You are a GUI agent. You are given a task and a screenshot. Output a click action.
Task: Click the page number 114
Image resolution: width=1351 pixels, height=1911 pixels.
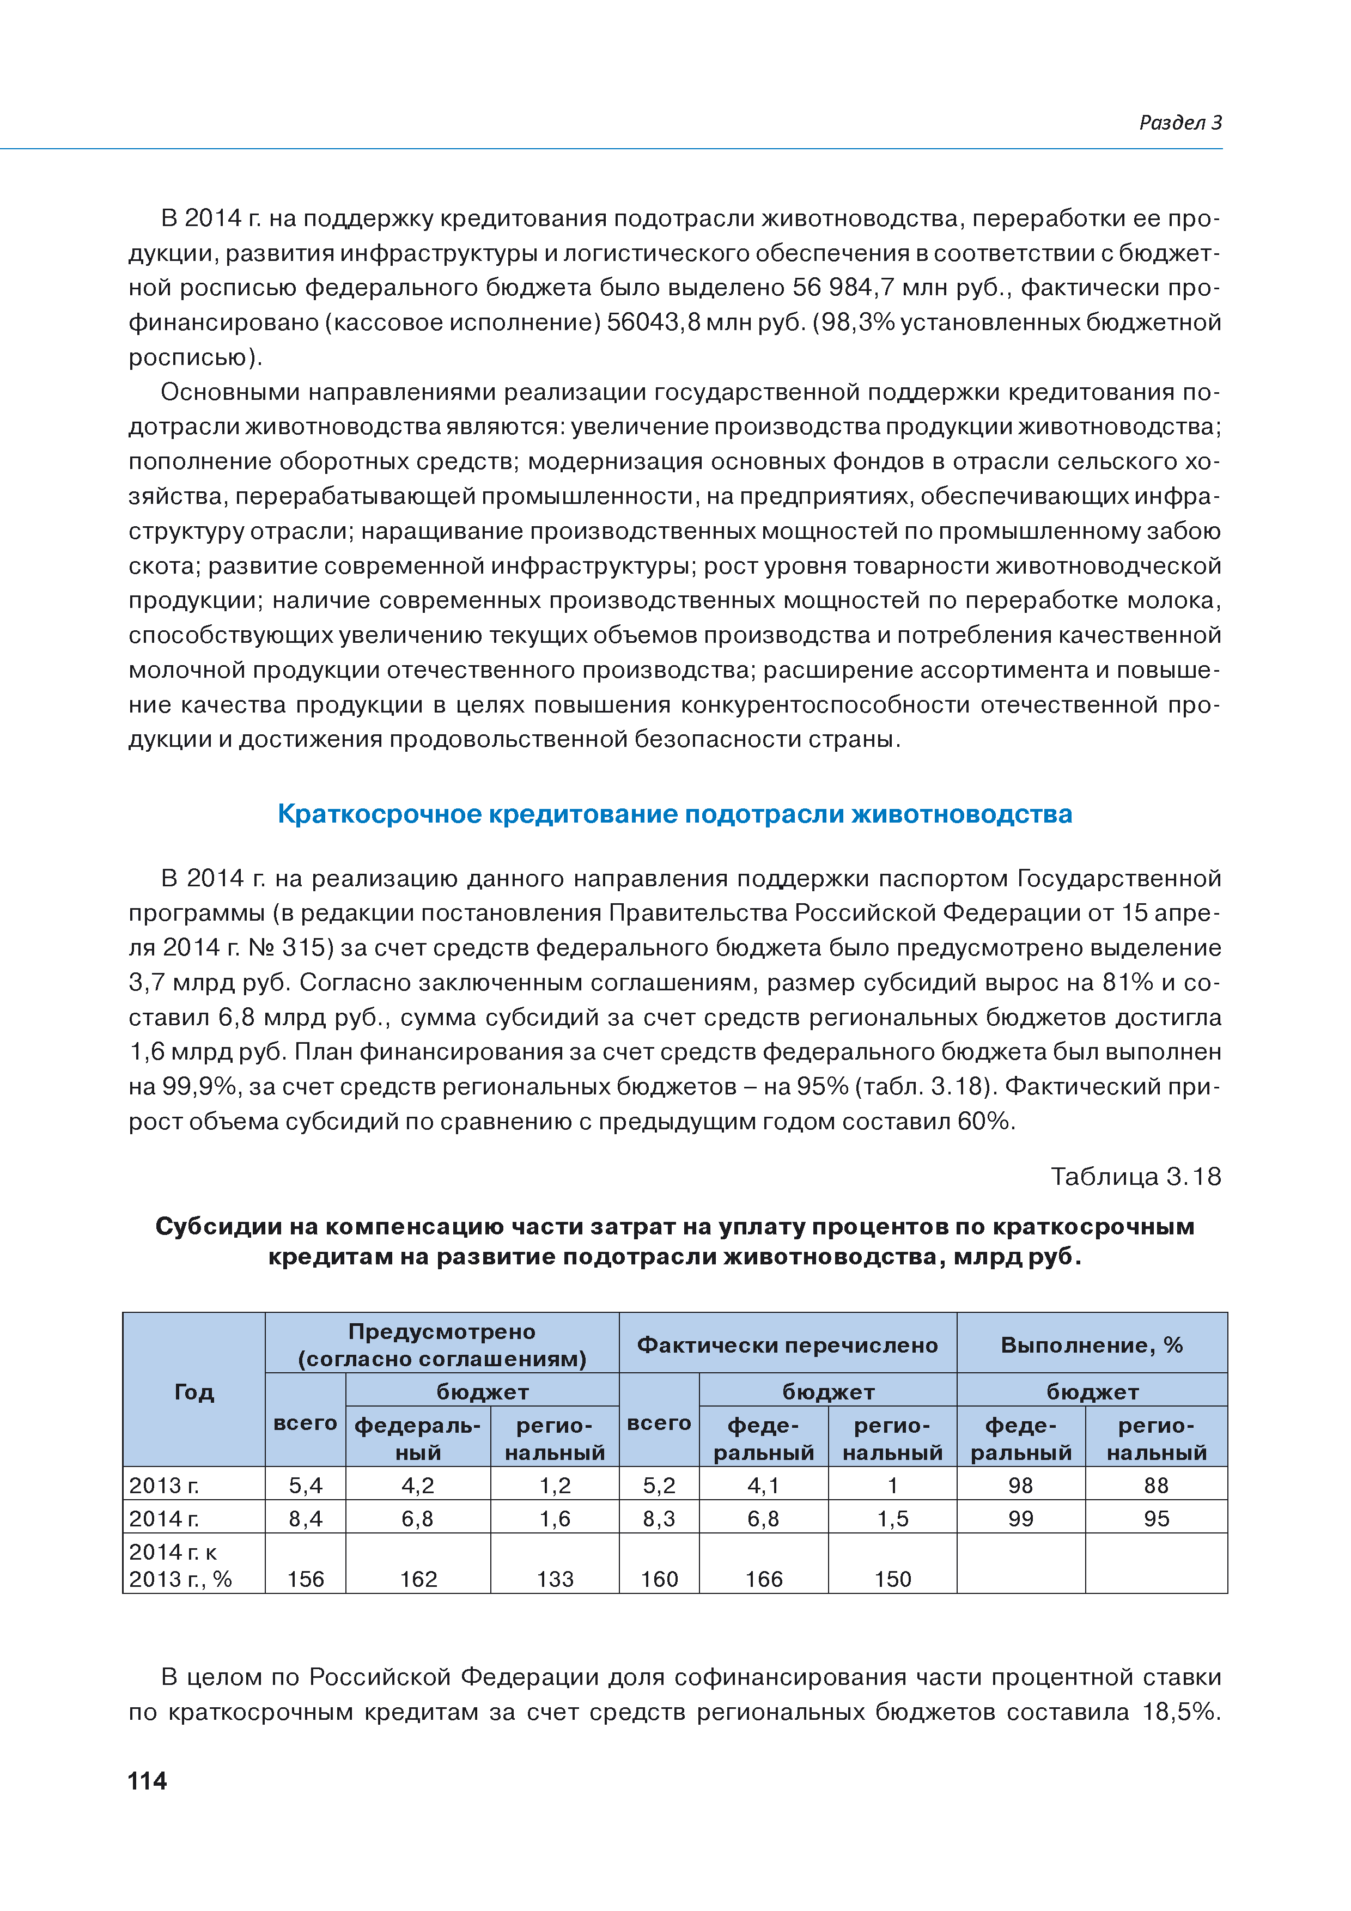click(x=147, y=1780)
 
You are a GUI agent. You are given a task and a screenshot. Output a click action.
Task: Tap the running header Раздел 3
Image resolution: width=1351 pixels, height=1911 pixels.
click(x=1179, y=123)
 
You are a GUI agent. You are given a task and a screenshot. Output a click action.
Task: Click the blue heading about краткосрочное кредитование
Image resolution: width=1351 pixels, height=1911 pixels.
click(x=674, y=813)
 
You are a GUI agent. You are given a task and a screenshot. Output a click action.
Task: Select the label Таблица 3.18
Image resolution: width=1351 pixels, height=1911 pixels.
click(x=1135, y=1176)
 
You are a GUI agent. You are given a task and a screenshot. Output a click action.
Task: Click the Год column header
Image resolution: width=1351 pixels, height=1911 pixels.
click(x=194, y=1392)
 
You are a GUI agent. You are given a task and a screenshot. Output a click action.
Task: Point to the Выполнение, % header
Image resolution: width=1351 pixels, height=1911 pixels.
click(x=1091, y=1345)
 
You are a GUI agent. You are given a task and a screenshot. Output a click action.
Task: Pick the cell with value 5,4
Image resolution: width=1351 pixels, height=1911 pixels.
click(x=306, y=1485)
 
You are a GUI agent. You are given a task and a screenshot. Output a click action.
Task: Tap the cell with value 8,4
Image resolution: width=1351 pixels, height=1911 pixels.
click(x=306, y=1519)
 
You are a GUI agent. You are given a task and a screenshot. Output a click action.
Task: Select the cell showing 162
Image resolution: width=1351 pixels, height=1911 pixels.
click(x=418, y=1579)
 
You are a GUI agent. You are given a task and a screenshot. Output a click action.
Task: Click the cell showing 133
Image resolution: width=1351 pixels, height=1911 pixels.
click(x=555, y=1579)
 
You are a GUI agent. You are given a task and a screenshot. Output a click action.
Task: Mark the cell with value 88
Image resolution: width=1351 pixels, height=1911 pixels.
click(x=1156, y=1485)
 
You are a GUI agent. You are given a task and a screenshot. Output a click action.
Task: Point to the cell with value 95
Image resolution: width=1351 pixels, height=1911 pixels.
click(x=1156, y=1519)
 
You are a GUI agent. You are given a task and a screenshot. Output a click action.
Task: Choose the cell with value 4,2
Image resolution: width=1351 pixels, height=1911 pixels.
click(x=418, y=1485)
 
